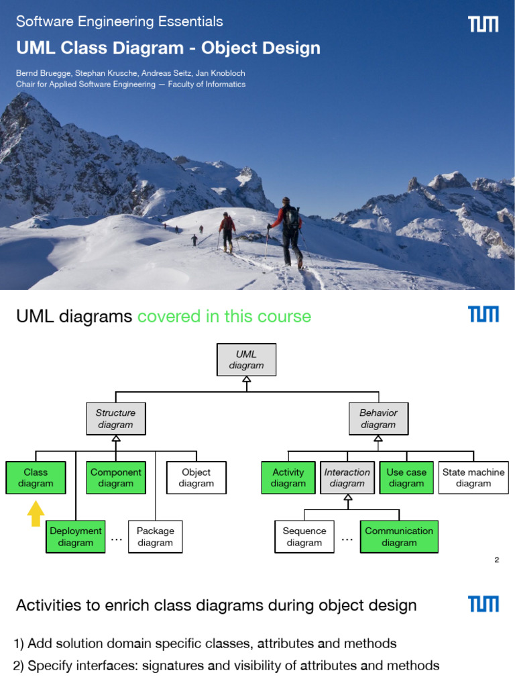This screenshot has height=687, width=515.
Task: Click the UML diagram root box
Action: tap(246, 360)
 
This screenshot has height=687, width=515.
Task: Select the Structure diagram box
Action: tap(115, 419)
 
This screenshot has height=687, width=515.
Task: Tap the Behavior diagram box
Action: tap(378, 419)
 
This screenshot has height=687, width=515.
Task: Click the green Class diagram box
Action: tap(36, 478)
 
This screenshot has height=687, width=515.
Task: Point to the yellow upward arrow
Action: tap(36, 514)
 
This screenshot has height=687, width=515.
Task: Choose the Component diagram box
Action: tap(115, 478)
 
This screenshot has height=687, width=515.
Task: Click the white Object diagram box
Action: tap(196, 478)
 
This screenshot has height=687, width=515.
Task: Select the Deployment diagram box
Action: tap(75, 537)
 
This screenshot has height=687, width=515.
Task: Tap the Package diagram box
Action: tap(155, 537)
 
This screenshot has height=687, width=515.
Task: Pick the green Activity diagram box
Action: tap(288, 478)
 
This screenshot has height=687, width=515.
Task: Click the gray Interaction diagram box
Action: tap(347, 478)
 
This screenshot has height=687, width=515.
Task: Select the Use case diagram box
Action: tap(406, 478)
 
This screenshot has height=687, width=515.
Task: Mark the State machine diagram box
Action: tap(473, 478)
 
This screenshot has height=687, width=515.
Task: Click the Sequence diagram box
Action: tap(304, 537)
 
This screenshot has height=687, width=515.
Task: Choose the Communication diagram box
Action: tap(399, 537)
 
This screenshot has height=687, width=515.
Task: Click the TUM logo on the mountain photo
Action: tap(483, 25)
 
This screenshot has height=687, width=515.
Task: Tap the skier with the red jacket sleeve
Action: tap(290, 231)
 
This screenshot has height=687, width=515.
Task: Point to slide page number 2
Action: tap(496, 560)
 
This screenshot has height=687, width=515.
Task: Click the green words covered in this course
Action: tap(224, 316)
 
